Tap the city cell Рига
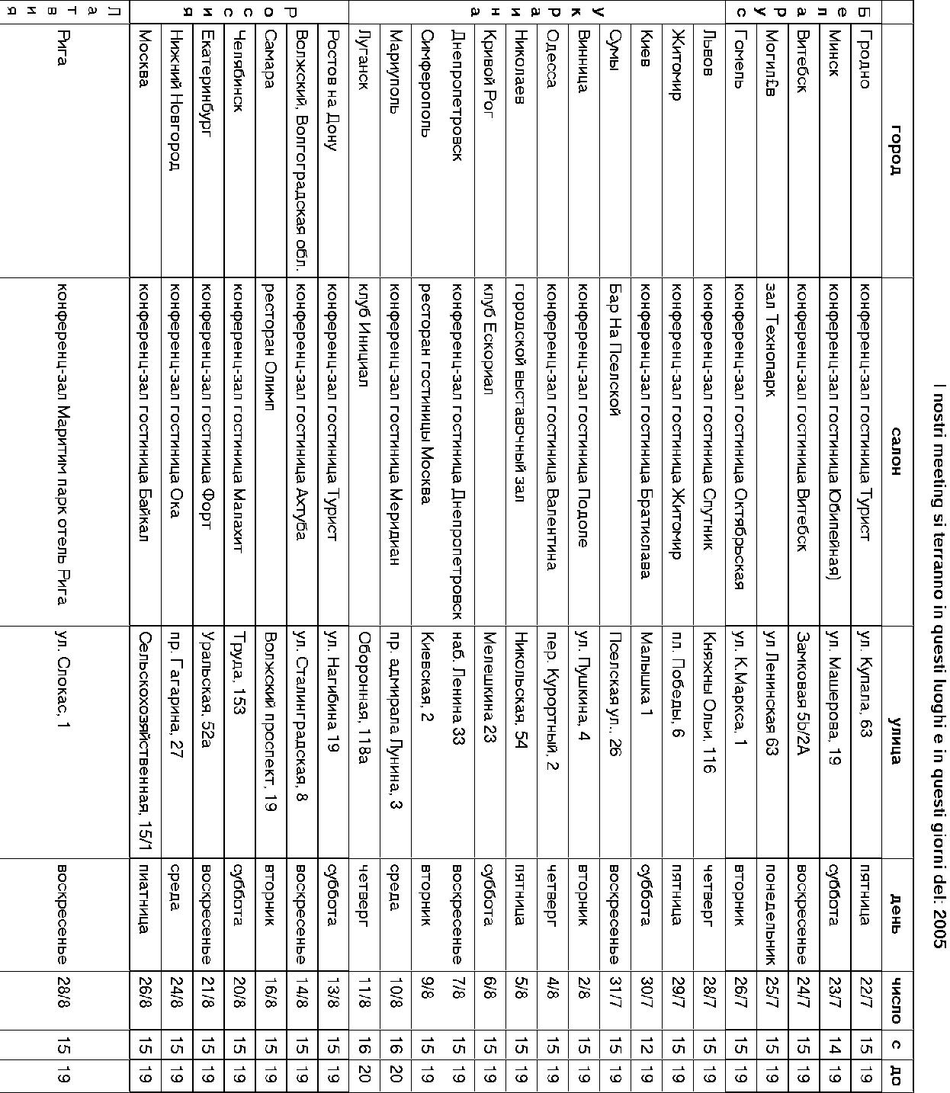tap(63, 48)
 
